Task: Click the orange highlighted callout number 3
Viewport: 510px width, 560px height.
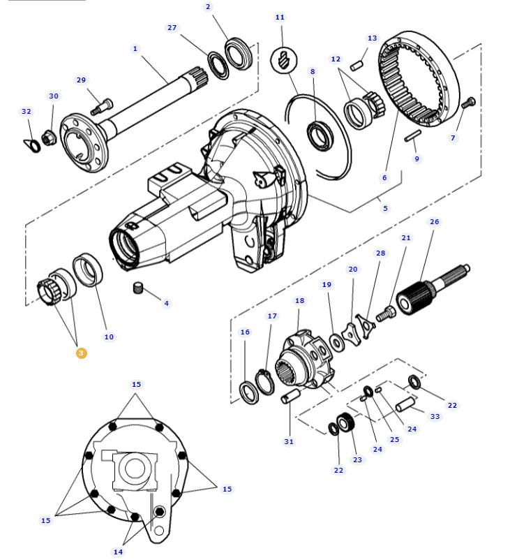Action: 81,353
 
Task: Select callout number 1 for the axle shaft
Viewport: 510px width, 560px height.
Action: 135,48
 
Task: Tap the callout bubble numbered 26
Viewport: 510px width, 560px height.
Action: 435,222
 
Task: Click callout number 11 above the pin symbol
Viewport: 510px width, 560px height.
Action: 280,17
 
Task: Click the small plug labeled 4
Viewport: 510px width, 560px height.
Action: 138,288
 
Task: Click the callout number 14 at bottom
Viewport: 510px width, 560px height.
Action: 118,552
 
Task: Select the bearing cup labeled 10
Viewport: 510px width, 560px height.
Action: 87,270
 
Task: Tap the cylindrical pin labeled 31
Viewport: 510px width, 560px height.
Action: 290,398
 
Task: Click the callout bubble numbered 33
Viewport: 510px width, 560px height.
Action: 435,417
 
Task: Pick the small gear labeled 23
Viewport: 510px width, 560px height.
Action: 343,425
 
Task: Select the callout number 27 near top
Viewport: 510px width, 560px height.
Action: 172,27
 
